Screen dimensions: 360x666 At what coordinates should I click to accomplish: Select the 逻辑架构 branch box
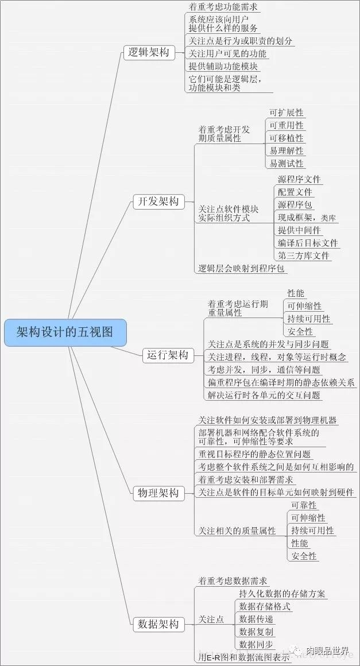click(148, 53)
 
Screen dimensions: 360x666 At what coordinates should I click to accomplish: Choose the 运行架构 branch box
click(166, 355)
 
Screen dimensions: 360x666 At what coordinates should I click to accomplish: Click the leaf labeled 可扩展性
click(287, 113)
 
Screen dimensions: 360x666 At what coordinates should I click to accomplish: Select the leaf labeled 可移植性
click(287, 138)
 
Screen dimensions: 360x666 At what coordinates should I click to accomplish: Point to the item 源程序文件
click(299, 180)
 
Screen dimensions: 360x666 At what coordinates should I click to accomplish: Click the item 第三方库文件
click(304, 255)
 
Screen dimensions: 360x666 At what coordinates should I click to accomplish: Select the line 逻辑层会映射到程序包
click(242, 268)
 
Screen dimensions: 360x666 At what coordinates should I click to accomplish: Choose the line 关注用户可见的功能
click(227, 53)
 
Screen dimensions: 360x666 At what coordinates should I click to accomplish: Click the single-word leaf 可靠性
click(304, 505)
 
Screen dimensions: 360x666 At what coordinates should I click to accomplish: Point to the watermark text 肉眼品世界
click(327, 650)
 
